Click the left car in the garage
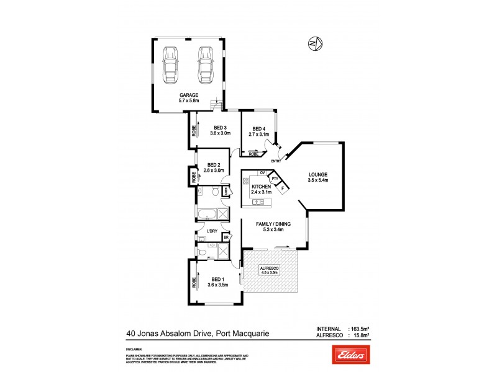pos(170,64)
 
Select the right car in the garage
pos(204,64)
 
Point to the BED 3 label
pos(220,127)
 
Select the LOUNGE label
pos(317,175)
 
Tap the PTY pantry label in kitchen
pos(274,178)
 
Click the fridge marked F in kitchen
pos(283,188)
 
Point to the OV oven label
pos(263,172)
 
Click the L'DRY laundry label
pos(213,232)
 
